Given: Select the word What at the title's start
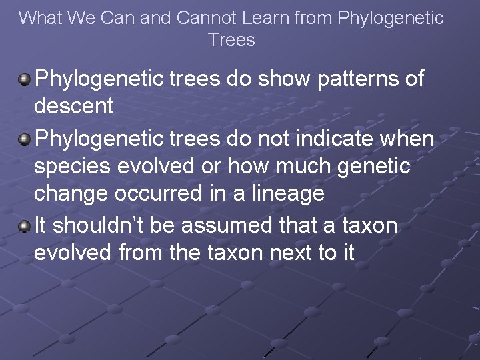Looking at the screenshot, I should click(x=40, y=18).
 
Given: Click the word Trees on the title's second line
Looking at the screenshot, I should click(x=231, y=40).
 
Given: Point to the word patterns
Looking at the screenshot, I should click(x=341, y=79).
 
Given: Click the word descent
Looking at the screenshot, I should click(x=73, y=106).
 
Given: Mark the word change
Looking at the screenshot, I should click(x=69, y=193).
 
